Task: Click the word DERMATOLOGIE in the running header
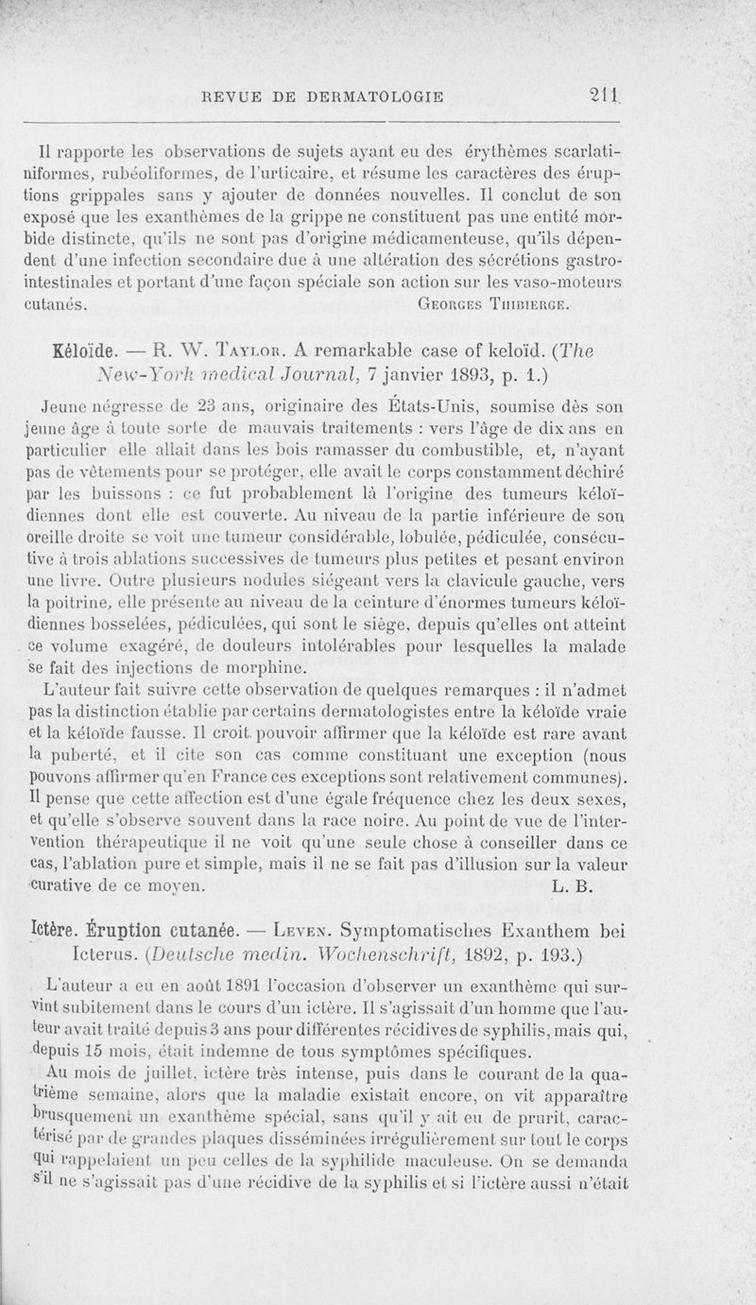pos(377,95)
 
